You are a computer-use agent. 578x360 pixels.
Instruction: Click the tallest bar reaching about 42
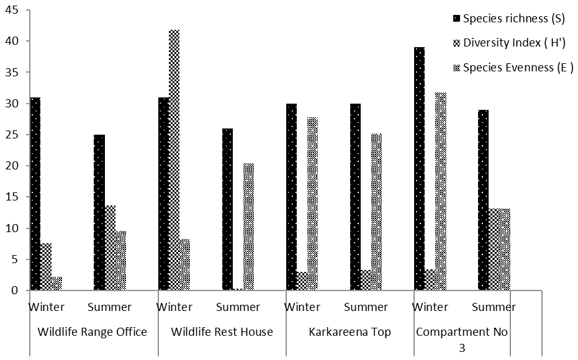[x=174, y=160]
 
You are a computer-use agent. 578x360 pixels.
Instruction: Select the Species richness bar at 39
[x=420, y=169]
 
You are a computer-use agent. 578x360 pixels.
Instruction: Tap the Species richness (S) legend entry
[x=509, y=19]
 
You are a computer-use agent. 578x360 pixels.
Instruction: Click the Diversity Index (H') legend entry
[x=509, y=43]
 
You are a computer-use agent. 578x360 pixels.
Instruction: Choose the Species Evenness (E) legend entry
[x=513, y=68]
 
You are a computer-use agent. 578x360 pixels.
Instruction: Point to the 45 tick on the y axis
[x=12, y=10]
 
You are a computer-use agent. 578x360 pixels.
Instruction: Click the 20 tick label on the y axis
[x=12, y=166]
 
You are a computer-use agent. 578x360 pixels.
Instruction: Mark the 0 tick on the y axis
[x=15, y=290]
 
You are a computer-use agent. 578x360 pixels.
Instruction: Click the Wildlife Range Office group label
[x=92, y=332]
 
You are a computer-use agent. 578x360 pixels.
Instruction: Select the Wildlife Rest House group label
[x=222, y=332]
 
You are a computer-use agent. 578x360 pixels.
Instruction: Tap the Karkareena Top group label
[x=350, y=332]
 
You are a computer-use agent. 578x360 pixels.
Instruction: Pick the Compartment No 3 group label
[x=462, y=339]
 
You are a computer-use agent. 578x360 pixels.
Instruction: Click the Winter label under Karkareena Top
[x=302, y=307]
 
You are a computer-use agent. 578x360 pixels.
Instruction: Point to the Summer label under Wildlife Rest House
[x=238, y=307]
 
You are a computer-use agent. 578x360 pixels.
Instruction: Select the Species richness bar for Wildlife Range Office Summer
[x=99, y=213]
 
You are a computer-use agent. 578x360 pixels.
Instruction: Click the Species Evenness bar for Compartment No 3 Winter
[x=441, y=191]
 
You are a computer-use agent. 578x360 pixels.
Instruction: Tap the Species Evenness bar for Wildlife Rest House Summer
[x=249, y=227]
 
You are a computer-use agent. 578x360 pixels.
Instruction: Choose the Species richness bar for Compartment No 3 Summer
[x=483, y=200]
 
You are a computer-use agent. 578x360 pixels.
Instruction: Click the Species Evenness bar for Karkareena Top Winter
[x=313, y=204]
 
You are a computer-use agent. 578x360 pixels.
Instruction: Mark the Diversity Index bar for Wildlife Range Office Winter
[x=46, y=267]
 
